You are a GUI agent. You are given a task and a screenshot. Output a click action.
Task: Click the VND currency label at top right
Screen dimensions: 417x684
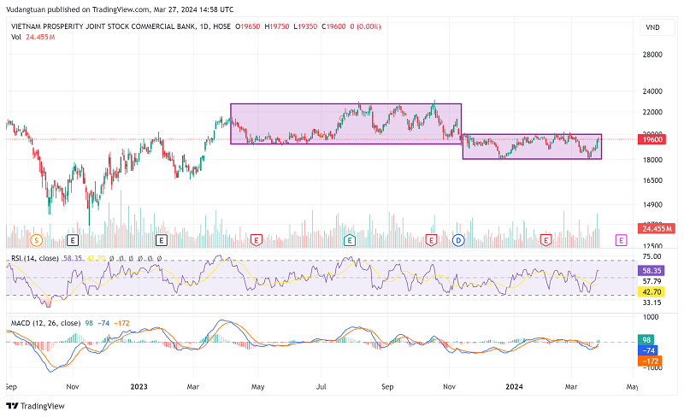coord(652,28)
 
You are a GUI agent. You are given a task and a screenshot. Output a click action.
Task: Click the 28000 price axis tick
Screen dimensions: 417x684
coord(654,55)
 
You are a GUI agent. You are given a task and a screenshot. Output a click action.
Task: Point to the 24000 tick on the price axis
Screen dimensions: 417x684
coord(654,91)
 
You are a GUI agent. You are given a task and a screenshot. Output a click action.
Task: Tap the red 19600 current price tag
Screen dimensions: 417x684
coord(655,138)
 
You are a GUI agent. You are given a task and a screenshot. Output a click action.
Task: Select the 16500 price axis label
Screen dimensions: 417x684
coord(654,180)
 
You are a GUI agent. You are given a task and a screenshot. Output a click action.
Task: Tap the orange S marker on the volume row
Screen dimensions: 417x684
coord(36,240)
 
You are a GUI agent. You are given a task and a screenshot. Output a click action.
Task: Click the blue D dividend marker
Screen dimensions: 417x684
coord(458,240)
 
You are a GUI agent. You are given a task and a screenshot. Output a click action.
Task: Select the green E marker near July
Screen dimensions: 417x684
coord(349,240)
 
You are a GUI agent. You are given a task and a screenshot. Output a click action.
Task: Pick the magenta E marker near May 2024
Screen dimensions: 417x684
coord(621,240)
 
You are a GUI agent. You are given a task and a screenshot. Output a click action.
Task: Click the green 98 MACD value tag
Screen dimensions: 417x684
coord(648,340)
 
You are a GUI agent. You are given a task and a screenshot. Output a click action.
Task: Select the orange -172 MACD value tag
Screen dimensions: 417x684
coord(653,361)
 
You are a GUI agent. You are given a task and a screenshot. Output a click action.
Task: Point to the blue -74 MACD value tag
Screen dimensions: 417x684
coord(651,350)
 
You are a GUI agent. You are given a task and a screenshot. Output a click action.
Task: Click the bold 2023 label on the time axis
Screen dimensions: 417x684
coord(139,385)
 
